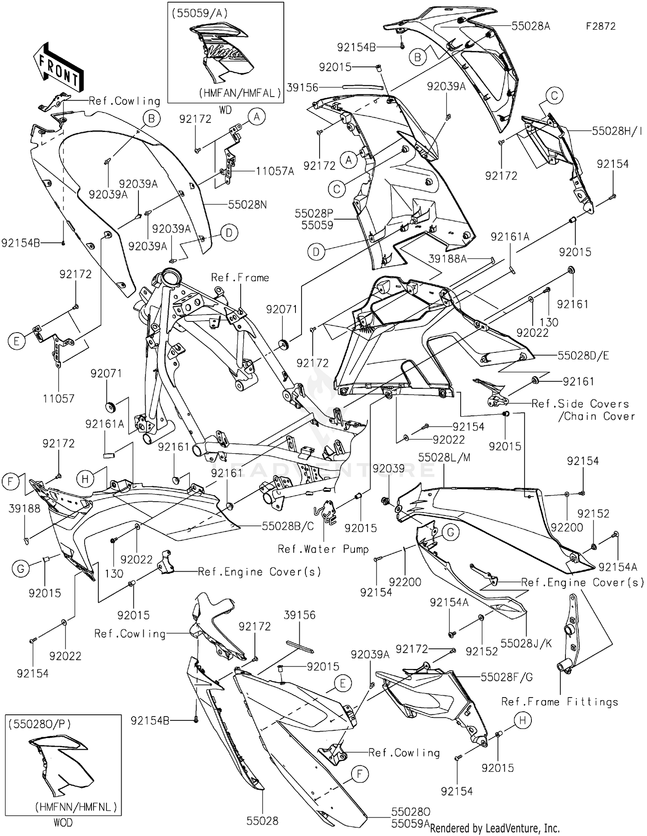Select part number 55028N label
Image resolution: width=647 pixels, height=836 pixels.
(x=247, y=204)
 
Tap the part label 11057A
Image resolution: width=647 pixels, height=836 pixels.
(x=275, y=171)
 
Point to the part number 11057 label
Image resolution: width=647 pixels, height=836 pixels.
(x=59, y=398)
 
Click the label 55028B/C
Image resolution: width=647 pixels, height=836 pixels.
(x=288, y=526)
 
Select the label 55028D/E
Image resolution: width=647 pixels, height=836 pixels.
(x=583, y=355)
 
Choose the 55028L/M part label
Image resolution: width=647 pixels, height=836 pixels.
(x=444, y=457)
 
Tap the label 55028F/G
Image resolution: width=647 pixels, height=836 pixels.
(x=506, y=677)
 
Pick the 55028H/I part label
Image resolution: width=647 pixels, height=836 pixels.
(x=616, y=131)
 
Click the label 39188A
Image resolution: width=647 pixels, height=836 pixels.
(x=448, y=258)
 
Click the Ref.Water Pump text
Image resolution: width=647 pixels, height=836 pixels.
(x=323, y=549)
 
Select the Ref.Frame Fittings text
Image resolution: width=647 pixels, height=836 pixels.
(x=559, y=702)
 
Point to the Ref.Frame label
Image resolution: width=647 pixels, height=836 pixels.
(x=240, y=277)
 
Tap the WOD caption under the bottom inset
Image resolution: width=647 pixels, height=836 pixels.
(x=63, y=822)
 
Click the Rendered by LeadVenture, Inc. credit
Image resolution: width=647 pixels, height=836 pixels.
(x=495, y=828)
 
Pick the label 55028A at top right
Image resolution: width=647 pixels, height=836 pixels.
(x=531, y=26)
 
